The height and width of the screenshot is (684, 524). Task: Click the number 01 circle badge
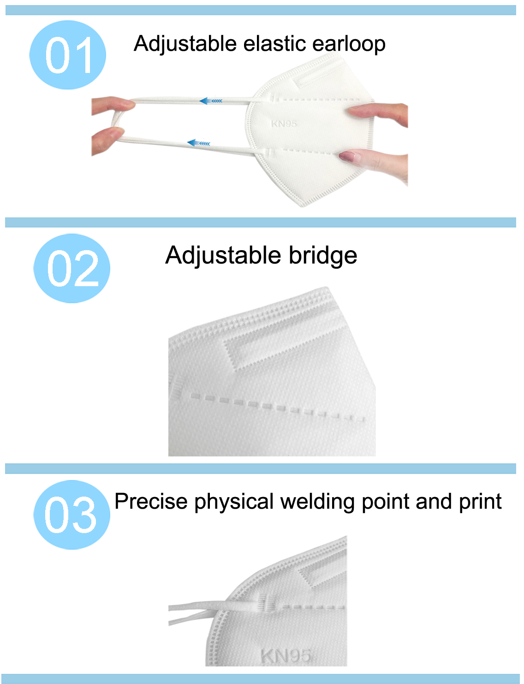68,55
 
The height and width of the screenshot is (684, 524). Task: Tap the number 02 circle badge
71,268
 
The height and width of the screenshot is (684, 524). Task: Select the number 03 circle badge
71,515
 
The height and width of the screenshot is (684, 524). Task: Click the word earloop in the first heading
349,44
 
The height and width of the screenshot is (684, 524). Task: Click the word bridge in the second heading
323,256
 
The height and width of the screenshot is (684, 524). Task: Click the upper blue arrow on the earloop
211,101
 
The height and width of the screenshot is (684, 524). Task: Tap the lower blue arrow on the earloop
198,143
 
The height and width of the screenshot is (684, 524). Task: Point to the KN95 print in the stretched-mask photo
284,124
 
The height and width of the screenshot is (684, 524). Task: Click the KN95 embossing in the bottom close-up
286,656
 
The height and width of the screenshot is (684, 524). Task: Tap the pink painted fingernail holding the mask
347,156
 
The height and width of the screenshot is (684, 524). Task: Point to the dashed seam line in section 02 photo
277,408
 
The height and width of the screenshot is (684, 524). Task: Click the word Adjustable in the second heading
223,256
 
